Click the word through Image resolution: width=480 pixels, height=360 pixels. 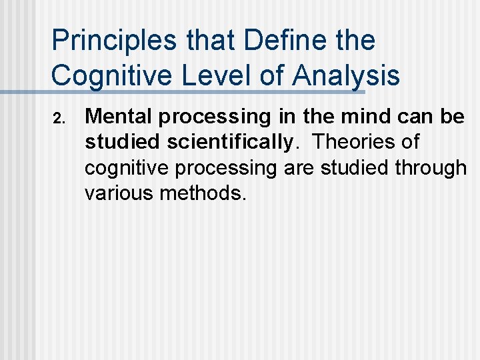click(431, 168)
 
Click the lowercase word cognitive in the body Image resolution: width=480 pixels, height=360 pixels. click(127, 168)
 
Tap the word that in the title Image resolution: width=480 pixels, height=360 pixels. click(204, 41)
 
